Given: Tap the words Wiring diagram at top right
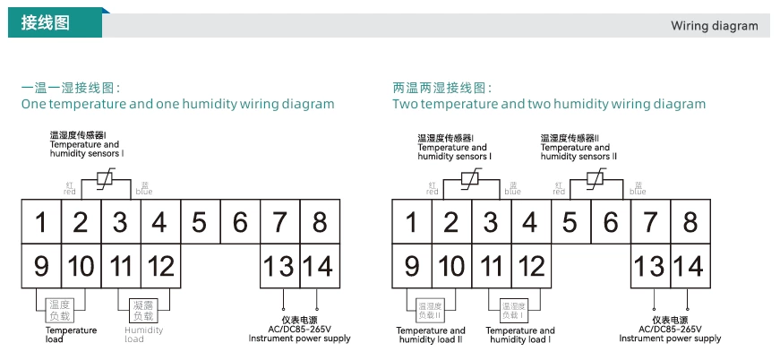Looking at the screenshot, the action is pos(714,26).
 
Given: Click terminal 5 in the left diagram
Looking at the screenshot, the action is pos(199,221).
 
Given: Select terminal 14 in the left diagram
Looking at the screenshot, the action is pos(317,266).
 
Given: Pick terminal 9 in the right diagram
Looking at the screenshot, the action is pos(412,266).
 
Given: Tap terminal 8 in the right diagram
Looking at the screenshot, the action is pos(690,221).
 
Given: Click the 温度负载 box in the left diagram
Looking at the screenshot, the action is pos(59,310).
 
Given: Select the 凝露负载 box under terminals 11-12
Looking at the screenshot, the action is pos(142,310).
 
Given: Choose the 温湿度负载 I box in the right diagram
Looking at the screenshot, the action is pos(511,310).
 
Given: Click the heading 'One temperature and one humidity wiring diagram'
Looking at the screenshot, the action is pos(177,104).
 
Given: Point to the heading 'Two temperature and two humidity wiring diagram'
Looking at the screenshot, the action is pos(548,104).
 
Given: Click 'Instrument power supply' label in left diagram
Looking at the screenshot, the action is pos(299,339).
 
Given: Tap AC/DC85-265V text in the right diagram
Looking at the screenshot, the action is pos(669,329).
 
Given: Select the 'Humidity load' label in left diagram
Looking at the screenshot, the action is pos(144,335).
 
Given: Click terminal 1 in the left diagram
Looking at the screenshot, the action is pos(41,221).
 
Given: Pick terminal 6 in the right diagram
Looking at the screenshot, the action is pos(610,221).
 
